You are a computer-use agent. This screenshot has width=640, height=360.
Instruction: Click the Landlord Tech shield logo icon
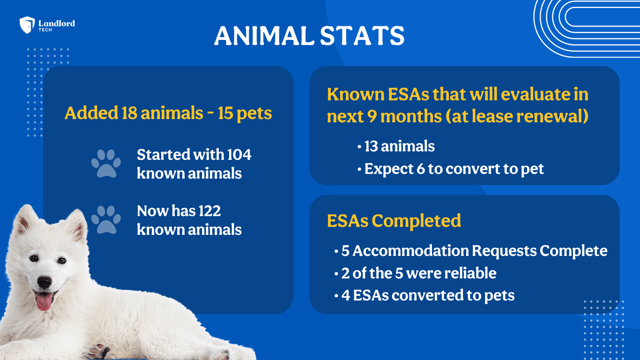[x=27, y=25]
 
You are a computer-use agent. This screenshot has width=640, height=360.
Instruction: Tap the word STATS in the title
[x=362, y=36]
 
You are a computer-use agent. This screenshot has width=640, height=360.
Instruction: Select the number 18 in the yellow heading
[x=129, y=112]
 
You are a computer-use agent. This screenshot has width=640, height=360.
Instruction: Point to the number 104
[x=239, y=155]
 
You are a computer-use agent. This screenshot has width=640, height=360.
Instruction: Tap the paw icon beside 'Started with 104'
[x=106, y=164]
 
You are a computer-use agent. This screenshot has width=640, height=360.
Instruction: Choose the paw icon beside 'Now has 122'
[x=106, y=220]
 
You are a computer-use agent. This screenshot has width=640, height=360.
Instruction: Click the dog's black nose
[x=45, y=283]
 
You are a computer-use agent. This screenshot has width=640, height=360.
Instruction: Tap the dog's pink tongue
[x=44, y=301]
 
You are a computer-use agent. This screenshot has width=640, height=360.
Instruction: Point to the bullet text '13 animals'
[x=400, y=146]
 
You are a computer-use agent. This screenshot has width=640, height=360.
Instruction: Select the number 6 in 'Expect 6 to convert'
[x=421, y=169]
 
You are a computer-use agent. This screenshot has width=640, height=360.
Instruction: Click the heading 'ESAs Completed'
[x=394, y=221]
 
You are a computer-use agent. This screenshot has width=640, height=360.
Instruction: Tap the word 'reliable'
[x=470, y=273]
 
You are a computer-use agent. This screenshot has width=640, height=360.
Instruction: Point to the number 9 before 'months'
[x=372, y=117]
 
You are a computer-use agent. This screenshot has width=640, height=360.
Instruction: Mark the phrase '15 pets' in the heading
[x=245, y=113]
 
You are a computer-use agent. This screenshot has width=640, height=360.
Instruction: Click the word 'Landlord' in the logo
[x=57, y=23]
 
